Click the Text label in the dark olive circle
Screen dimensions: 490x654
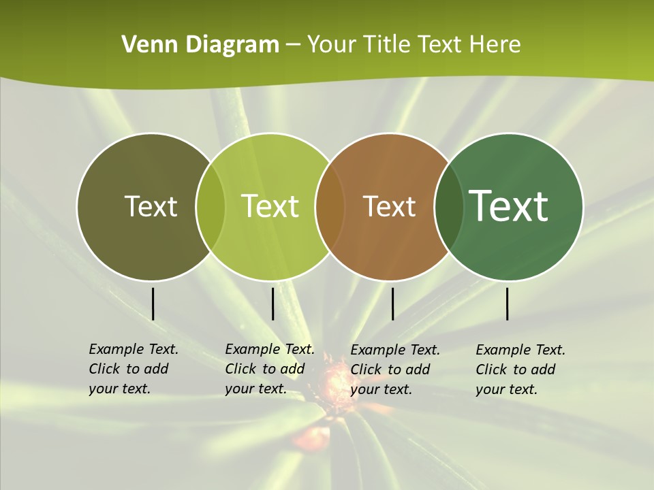[x=151, y=206]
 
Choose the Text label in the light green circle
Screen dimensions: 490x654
[x=270, y=206]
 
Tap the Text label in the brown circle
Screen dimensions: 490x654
[x=389, y=206]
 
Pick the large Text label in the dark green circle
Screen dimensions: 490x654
[x=509, y=206]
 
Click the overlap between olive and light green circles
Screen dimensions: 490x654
[x=211, y=206]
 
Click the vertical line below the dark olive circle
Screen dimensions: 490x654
[x=153, y=304]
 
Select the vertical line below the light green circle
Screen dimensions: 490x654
[x=272, y=304]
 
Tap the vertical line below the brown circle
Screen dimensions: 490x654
[x=392, y=304]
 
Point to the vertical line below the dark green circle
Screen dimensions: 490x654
[x=508, y=304]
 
